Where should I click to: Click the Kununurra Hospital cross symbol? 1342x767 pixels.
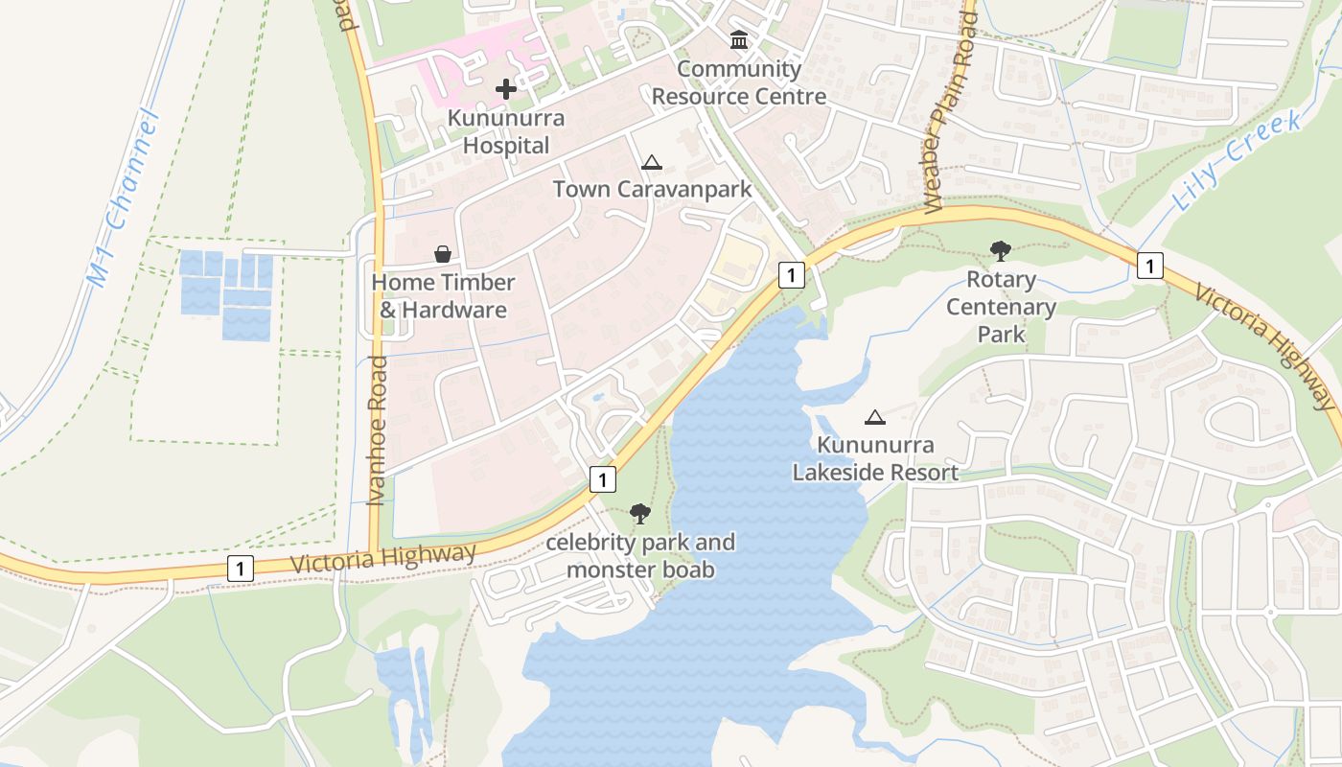pos(506,89)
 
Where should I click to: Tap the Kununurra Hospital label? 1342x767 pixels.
pos(506,132)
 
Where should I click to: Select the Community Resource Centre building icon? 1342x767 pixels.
pos(739,40)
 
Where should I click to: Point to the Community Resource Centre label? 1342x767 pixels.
pos(739,82)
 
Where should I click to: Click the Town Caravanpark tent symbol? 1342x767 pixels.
pos(652,162)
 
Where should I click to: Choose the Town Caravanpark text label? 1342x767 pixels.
pos(652,189)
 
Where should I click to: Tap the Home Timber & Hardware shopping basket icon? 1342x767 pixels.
pos(443,254)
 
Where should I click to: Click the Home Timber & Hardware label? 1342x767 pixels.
pos(443,296)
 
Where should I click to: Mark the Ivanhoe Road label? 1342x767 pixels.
pos(377,430)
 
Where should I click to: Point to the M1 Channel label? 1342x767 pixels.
pos(123,199)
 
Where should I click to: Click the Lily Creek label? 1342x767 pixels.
pos(1237,161)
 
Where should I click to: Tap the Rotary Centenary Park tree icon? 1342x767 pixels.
pos(1001,251)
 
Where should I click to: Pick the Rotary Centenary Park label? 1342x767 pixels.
pos(1001,307)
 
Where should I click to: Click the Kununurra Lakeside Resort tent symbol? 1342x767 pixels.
pos(874,417)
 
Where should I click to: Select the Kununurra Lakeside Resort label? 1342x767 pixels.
pos(874,459)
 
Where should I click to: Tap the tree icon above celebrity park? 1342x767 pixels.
pos(640,514)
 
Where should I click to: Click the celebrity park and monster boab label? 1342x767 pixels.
pos(640,556)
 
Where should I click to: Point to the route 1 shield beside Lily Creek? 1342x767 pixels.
pos(1150,265)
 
